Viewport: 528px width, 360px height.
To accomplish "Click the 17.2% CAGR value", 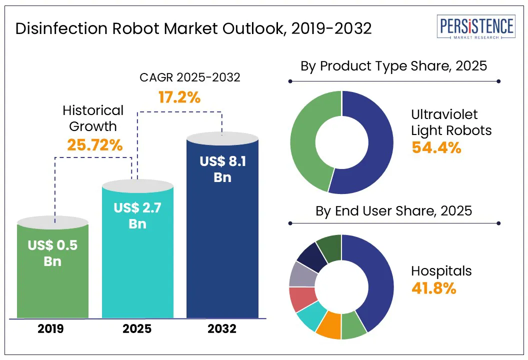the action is click(x=179, y=97).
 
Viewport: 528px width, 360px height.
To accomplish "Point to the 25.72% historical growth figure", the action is click(x=95, y=145).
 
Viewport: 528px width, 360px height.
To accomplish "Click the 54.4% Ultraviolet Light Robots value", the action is click(x=436, y=147).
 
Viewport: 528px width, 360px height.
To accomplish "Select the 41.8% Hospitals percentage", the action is click(x=433, y=288).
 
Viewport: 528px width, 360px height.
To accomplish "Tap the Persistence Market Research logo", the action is click(x=476, y=26).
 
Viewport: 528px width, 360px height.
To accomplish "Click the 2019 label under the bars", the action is click(x=50, y=328).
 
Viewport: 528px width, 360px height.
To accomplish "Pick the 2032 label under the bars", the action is click(x=222, y=328).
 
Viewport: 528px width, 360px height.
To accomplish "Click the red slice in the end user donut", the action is click(x=302, y=298).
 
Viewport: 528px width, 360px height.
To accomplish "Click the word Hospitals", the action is click(x=441, y=271).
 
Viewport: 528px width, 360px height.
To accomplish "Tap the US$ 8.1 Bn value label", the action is click(x=222, y=169).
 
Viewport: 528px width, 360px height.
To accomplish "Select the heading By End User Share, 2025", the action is click(x=393, y=211).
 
